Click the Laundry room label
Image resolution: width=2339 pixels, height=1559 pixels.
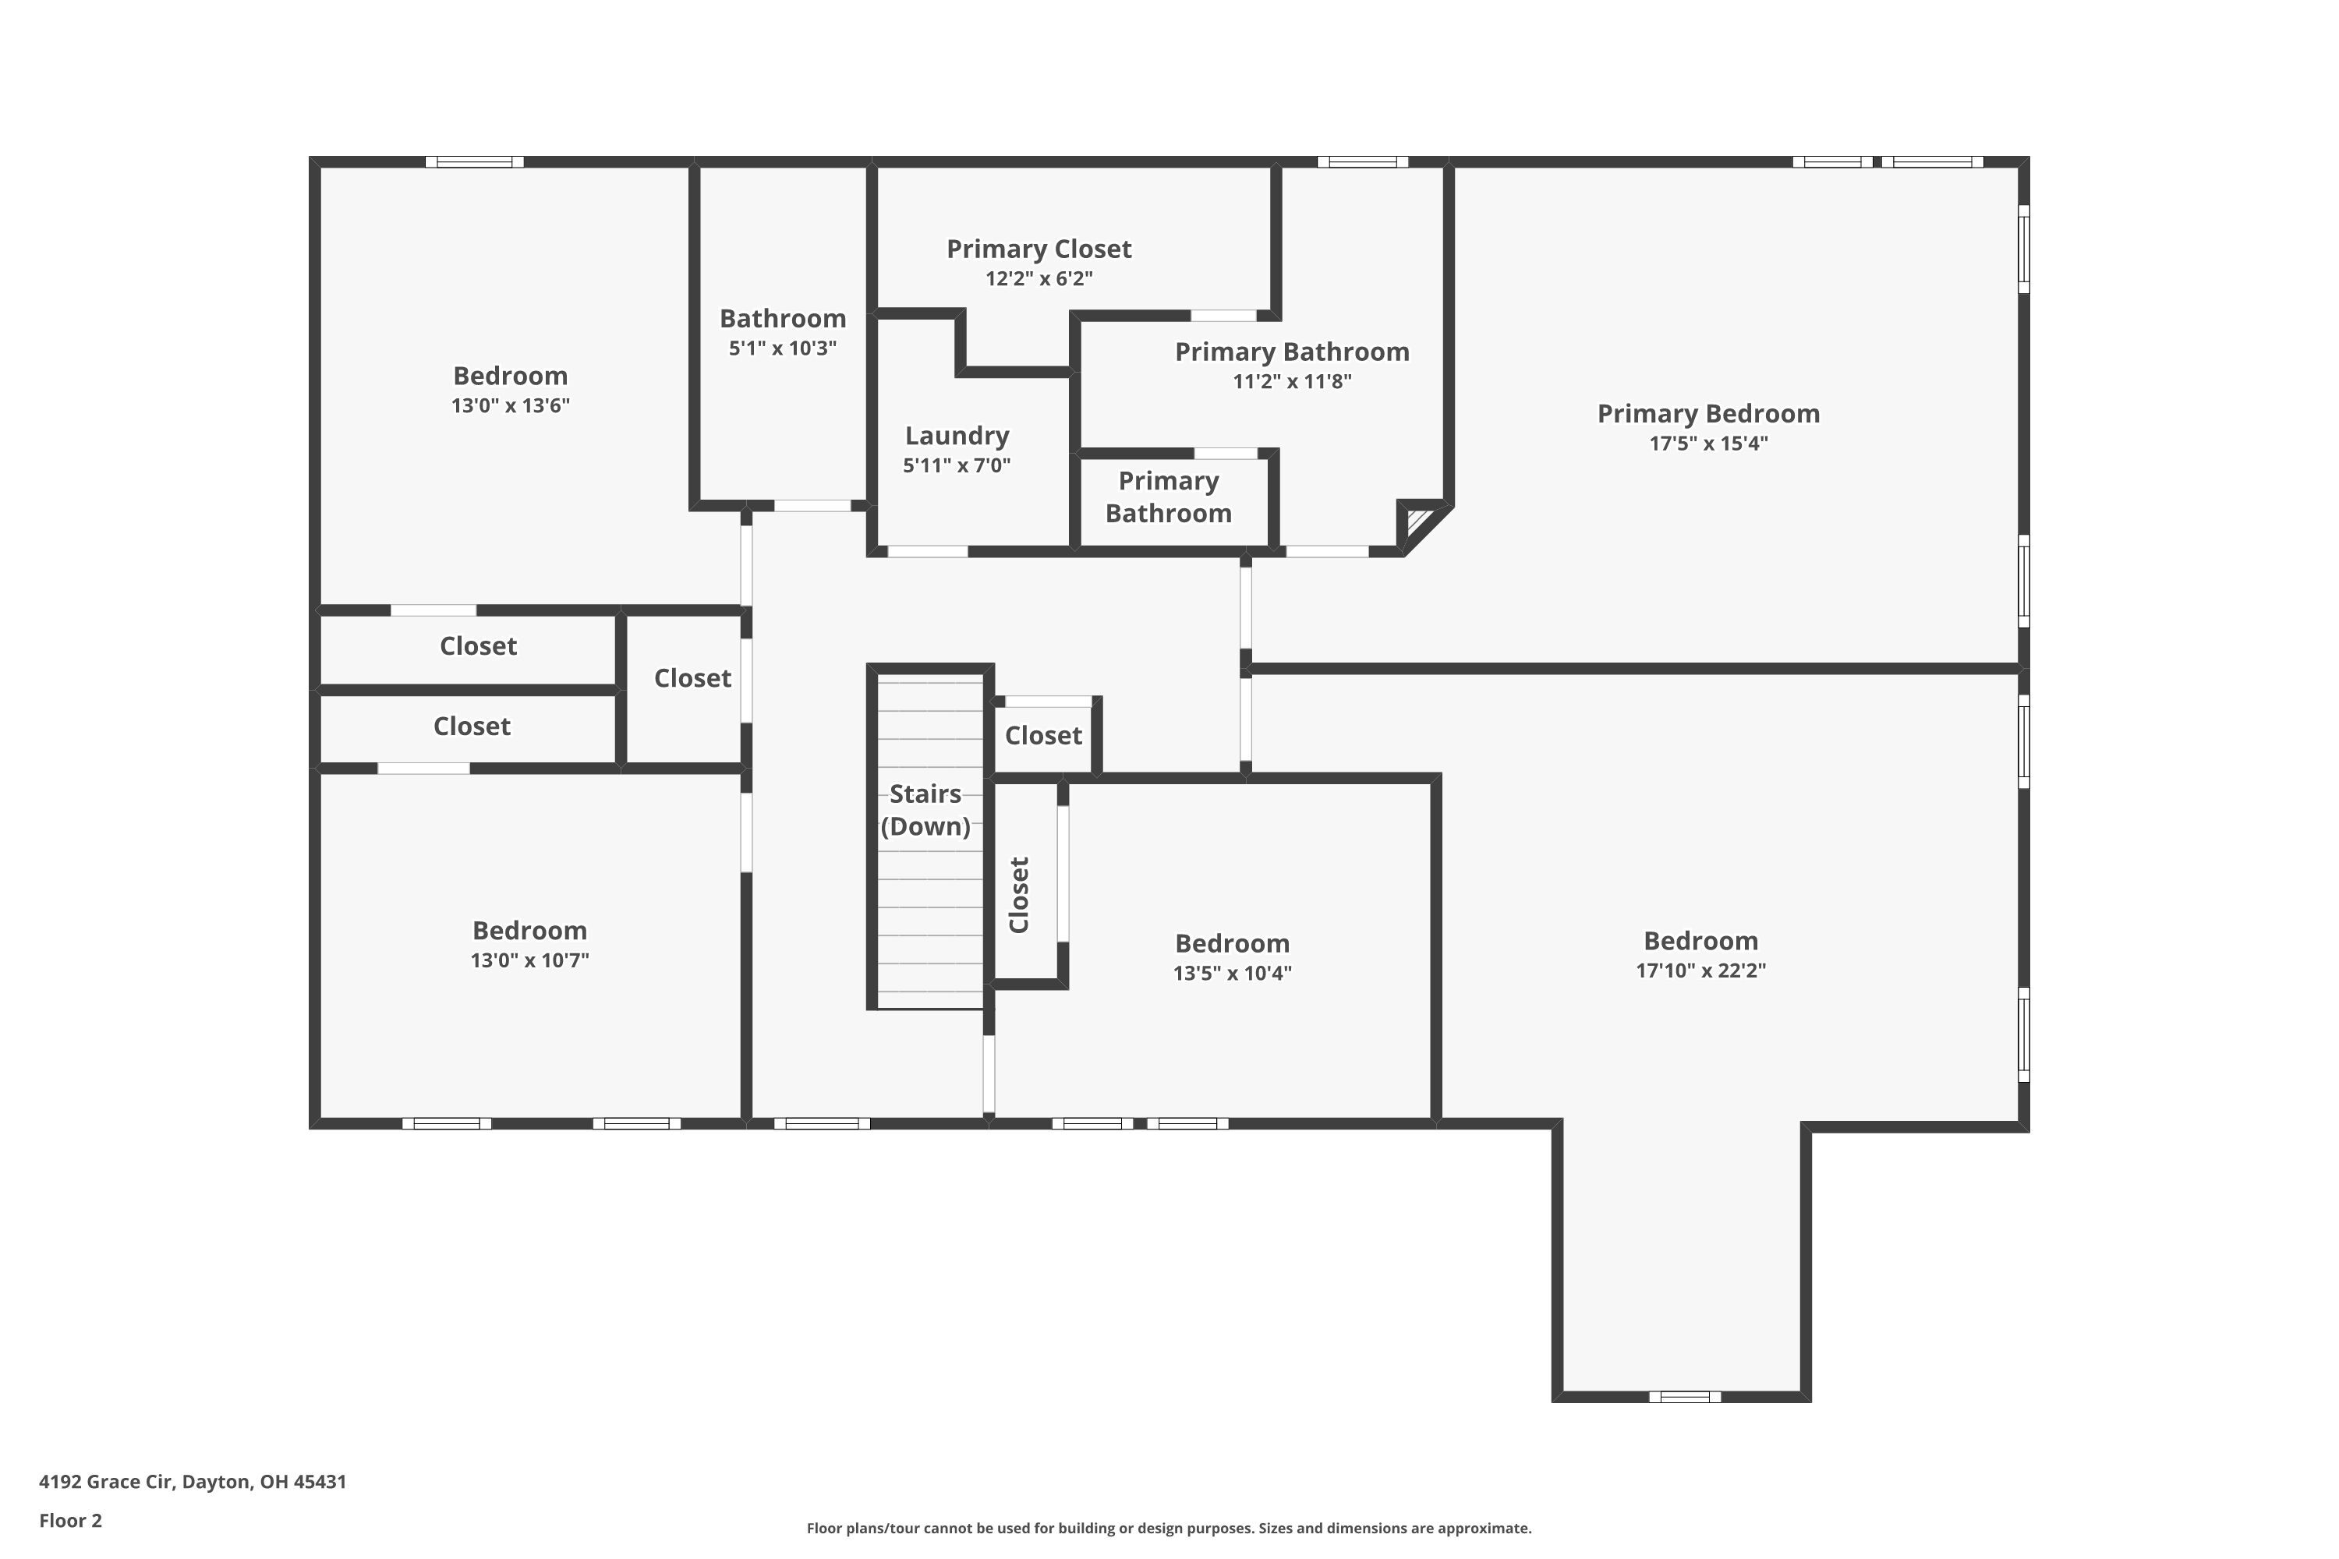point(957,436)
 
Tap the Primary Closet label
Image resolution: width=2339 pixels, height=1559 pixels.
point(1039,249)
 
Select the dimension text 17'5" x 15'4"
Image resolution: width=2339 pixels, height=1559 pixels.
point(1707,444)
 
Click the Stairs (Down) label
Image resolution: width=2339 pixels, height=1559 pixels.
point(925,809)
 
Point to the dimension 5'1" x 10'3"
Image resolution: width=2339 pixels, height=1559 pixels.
point(782,348)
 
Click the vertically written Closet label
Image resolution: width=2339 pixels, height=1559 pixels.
point(1018,894)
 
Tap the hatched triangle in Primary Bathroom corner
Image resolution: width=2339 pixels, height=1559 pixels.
point(1416,522)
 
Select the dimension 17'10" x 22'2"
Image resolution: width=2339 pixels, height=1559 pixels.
point(1700,970)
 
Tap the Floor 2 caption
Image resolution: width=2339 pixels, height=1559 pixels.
point(69,1520)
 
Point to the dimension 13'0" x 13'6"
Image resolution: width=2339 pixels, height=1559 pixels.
point(510,405)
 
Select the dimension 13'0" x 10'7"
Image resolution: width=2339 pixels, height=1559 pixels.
point(529,960)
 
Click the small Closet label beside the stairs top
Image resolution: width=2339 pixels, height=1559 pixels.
point(1042,736)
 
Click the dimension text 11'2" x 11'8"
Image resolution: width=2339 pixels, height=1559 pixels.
point(1291,382)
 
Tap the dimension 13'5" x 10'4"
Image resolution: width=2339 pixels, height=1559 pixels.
point(1231,974)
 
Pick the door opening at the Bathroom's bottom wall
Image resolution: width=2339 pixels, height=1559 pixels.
point(812,506)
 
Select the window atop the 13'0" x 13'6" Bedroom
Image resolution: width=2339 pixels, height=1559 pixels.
point(474,162)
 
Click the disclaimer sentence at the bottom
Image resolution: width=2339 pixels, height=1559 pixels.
point(1169,1528)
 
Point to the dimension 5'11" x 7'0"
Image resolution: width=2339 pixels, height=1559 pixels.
point(956,465)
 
